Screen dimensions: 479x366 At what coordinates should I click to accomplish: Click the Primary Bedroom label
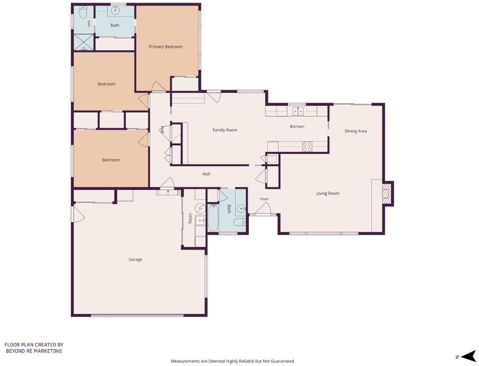point(165,47)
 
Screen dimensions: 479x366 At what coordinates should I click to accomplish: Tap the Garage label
point(135,259)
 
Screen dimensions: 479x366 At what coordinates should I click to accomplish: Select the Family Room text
point(225,130)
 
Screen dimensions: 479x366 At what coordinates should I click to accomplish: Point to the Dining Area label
point(356,131)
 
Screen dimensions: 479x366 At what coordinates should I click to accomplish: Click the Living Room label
point(328,193)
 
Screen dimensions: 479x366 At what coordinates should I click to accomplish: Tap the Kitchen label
point(297,126)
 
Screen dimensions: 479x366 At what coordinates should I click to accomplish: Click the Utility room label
point(190,218)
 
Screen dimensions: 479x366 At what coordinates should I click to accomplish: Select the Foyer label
point(264,199)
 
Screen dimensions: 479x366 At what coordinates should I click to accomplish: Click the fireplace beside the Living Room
point(387,193)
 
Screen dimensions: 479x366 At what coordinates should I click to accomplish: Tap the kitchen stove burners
point(308,146)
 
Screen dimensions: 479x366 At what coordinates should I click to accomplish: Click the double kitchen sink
point(298,111)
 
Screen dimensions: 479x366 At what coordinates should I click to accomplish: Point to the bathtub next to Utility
point(213,218)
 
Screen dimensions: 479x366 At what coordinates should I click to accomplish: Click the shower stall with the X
point(83,43)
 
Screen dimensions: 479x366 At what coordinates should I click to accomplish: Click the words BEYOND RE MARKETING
point(34,351)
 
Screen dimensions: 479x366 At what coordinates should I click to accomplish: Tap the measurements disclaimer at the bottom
point(232,361)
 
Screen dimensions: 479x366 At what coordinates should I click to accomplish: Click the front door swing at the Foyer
point(263,209)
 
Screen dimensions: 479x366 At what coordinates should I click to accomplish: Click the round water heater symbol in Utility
point(201,209)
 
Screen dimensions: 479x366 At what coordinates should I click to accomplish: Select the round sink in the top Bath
point(115,11)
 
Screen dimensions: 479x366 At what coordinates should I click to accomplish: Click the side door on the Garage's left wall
point(78,214)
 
